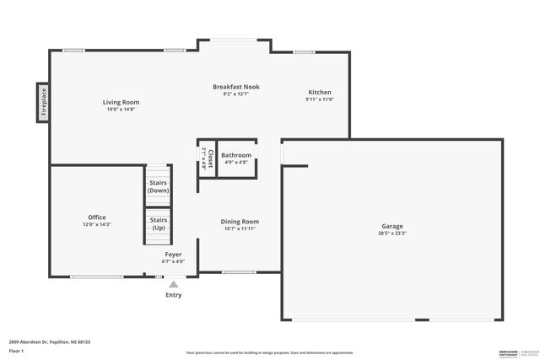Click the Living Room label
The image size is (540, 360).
(121, 102)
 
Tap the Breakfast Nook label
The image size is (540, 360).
(236, 87)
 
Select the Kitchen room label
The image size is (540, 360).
(320, 92)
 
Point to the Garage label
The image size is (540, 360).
(391, 226)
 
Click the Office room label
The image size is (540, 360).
(97, 218)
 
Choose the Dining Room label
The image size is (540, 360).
(240, 221)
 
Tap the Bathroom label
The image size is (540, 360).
(236, 155)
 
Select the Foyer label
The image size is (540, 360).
(173, 254)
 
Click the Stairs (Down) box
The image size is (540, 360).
(158, 186)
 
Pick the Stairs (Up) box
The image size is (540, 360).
(158, 224)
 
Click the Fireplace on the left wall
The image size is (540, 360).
(42, 102)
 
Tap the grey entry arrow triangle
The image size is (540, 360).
(173, 285)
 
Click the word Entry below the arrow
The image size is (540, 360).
(173, 295)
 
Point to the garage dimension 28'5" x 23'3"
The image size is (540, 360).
(391, 234)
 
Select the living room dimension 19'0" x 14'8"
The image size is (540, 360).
(121, 110)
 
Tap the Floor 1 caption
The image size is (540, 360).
(17, 350)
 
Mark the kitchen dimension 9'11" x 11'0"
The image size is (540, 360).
(320, 99)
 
